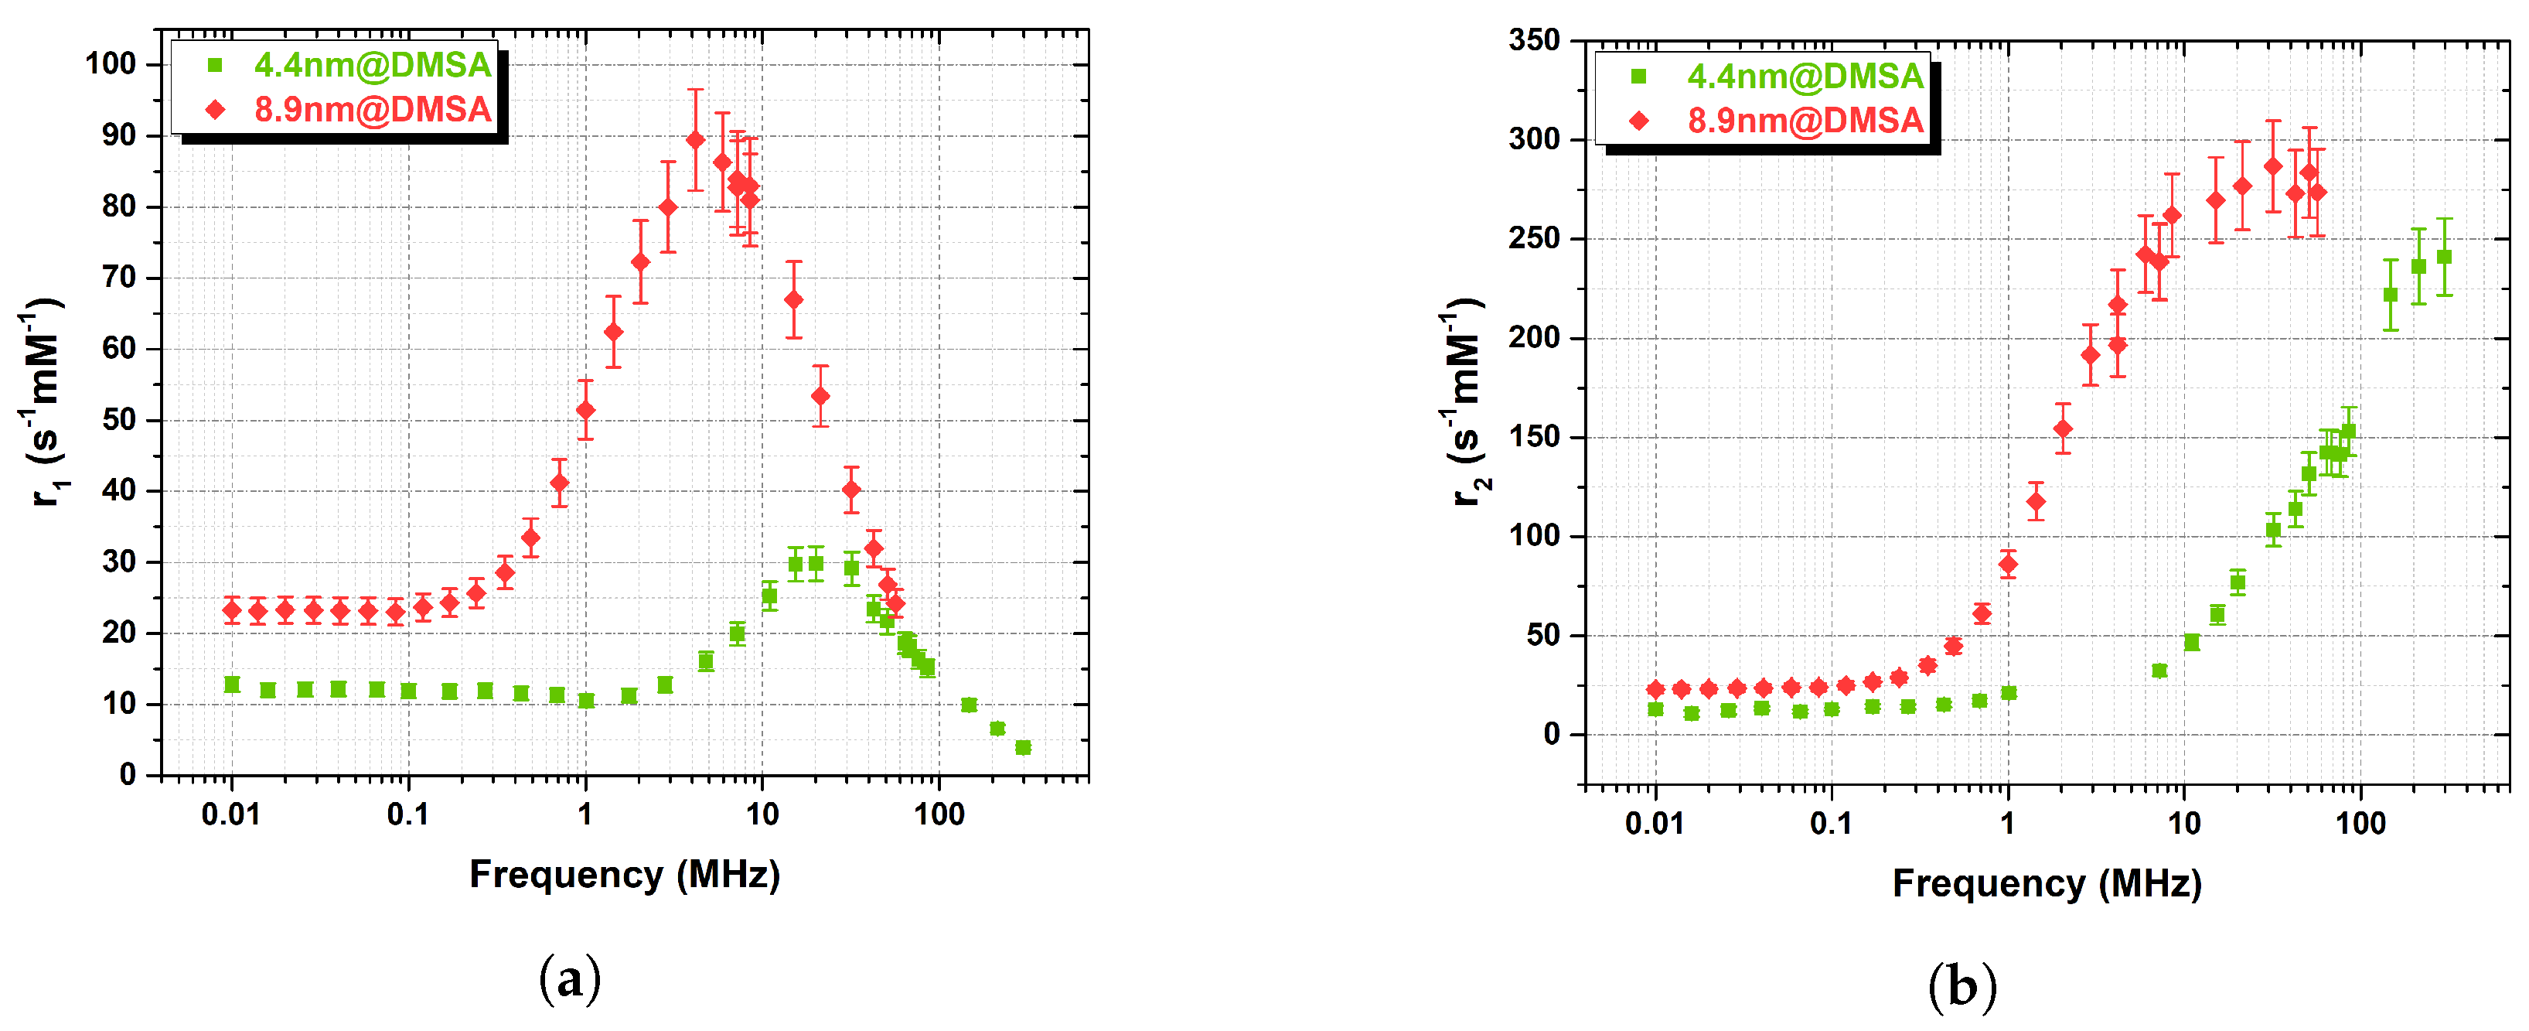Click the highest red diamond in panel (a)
pos(695,141)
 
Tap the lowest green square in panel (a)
pos(1023,748)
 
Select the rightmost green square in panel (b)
pos(2445,258)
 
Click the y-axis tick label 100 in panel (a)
pos(110,64)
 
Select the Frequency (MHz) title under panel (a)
pos(625,874)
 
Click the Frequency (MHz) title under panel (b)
pos(2047,884)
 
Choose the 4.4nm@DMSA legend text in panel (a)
pos(372,65)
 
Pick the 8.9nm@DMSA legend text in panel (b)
pos(1805,121)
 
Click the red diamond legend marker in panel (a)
pos(216,110)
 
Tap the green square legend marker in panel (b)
pos(1638,77)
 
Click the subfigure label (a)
pos(569,979)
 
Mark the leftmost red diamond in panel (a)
pos(232,611)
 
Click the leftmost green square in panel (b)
pos(1656,709)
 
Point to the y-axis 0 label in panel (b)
pos(1550,735)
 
